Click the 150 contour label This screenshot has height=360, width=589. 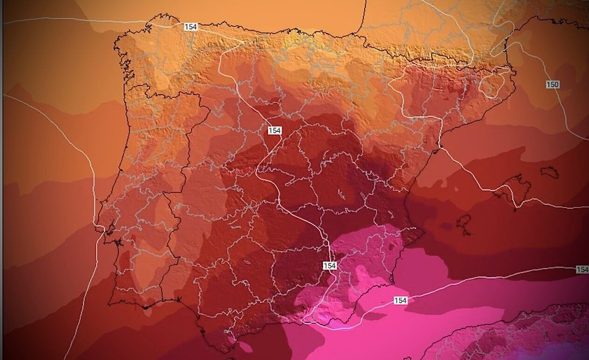pyautogui.click(x=552, y=84)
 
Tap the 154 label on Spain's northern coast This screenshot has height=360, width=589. pyautogui.click(x=190, y=27)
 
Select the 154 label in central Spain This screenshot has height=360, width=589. pyautogui.click(x=274, y=131)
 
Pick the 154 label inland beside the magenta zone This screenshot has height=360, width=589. pyautogui.click(x=329, y=265)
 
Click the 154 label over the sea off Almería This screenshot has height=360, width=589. pyautogui.click(x=400, y=300)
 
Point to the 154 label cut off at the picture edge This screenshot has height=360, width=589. pyautogui.click(x=582, y=270)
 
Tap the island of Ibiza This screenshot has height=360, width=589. pyautogui.click(x=463, y=222)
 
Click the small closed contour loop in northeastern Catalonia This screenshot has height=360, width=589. pyautogui.click(x=489, y=86)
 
